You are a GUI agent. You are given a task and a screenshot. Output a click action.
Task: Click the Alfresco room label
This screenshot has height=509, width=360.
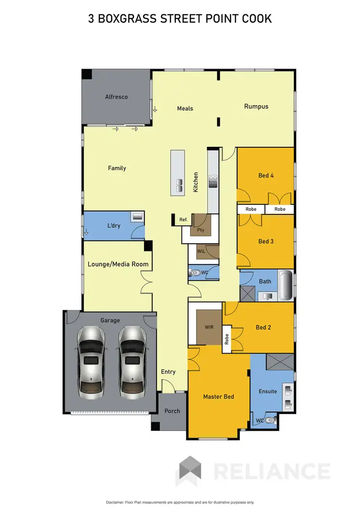click(x=116, y=97)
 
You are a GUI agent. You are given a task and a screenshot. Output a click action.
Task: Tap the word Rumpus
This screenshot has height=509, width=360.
click(x=256, y=107)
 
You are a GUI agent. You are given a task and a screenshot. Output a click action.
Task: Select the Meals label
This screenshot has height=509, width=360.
click(x=185, y=108)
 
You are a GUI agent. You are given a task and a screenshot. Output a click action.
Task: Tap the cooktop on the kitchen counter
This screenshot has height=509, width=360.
click(x=213, y=181)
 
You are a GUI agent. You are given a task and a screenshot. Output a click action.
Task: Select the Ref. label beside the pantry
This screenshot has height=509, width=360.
click(x=183, y=220)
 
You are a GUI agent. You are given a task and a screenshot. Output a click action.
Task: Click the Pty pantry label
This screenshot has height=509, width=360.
click(x=201, y=230)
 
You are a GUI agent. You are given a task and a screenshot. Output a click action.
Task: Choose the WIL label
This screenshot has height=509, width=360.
click(x=202, y=251)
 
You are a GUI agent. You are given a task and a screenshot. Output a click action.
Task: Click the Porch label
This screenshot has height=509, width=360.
click(x=172, y=411)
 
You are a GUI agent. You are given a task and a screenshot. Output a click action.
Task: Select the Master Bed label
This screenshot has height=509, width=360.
click(x=218, y=396)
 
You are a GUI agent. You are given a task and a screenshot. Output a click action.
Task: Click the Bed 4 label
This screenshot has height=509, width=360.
click(x=266, y=176)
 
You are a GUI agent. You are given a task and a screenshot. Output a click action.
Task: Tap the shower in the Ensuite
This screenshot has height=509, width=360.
click(x=281, y=361)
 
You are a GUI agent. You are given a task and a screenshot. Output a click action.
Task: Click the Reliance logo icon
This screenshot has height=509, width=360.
click(x=190, y=471)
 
